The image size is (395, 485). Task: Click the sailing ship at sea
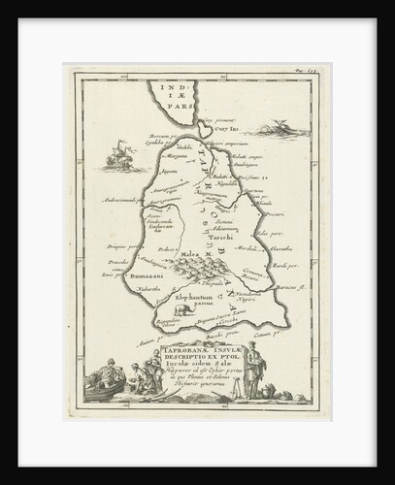click(116, 156)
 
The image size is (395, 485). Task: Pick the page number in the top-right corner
click(305, 77)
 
